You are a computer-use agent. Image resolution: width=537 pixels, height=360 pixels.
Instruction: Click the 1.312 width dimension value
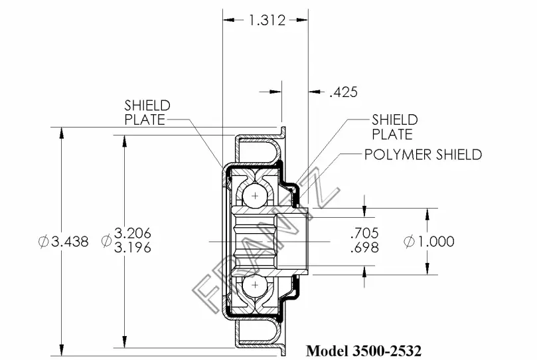pyautogui.click(x=267, y=20)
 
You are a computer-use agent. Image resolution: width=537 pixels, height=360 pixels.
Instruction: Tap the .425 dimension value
pyautogui.click(x=343, y=92)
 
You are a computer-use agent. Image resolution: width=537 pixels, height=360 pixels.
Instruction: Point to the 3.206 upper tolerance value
pyautogui.click(x=133, y=233)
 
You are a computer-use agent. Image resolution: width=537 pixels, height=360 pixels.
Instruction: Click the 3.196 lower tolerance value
pyautogui.click(x=133, y=247)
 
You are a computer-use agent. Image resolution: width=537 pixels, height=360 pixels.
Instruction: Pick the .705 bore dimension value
pyautogui.click(x=364, y=233)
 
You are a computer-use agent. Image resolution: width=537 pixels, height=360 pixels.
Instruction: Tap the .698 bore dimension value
pyautogui.click(x=364, y=247)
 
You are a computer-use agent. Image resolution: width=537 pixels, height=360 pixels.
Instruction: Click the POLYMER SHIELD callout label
pyautogui.click(x=423, y=155)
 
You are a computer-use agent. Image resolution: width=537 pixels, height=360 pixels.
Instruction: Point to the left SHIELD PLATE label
pyautogui.click(x=147, y=112)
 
